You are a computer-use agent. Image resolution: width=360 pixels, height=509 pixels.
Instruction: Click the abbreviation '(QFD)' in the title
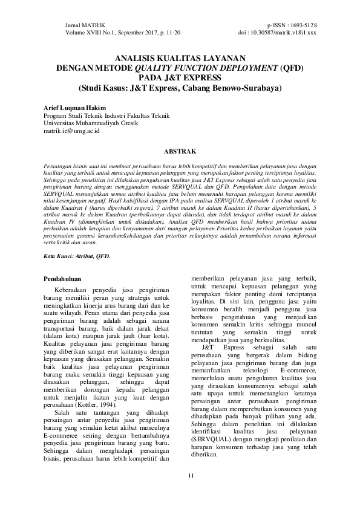click(x=279, y=68)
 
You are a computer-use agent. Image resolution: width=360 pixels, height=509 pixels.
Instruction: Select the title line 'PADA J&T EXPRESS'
click(x=180, y=77)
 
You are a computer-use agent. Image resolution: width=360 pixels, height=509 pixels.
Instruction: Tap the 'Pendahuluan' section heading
click(x=65, y=279)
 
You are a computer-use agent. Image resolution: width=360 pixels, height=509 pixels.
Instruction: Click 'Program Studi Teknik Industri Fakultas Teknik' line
click(x=106, y=115)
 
